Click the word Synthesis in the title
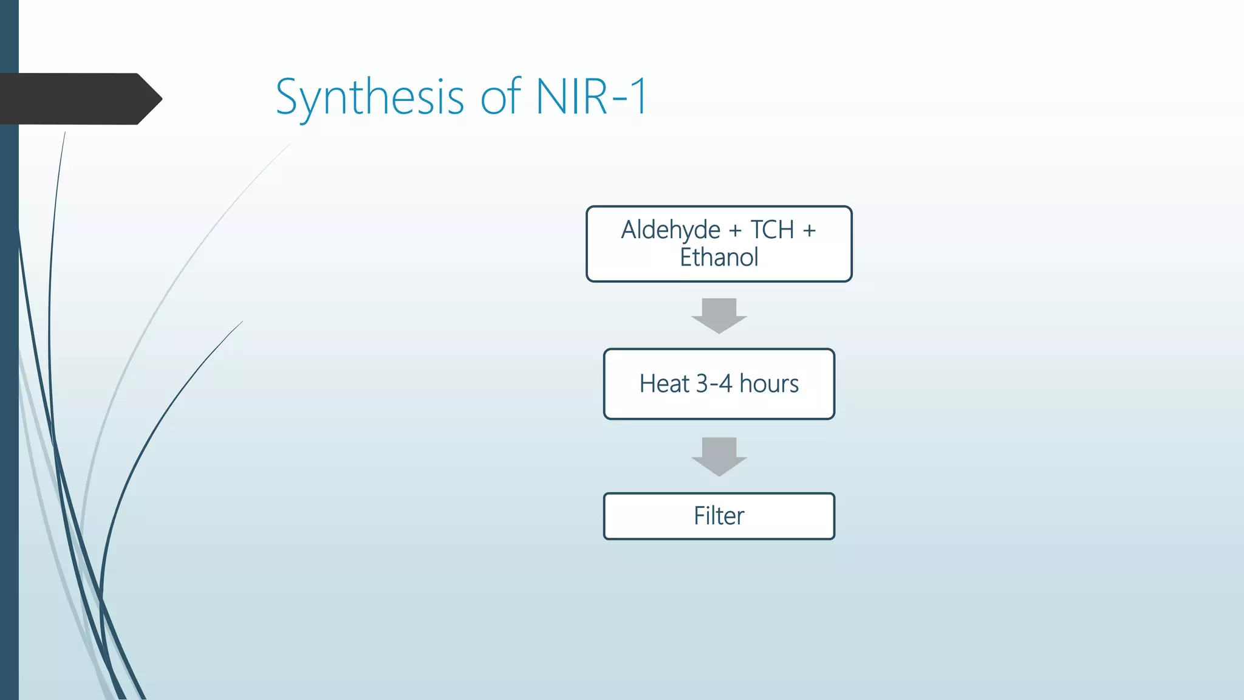(369, 97)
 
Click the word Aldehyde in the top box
(671, 231)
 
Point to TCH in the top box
(772, 230)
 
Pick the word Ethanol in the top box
(719, 258)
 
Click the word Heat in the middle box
(665, 384)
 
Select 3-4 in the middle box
(714, 384)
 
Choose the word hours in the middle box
(769, 384)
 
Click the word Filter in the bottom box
(719, 516)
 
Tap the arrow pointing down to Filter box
(719, 456)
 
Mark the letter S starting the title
(288, 97)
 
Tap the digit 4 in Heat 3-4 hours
(726, 384)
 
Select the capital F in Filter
(700, 516)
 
